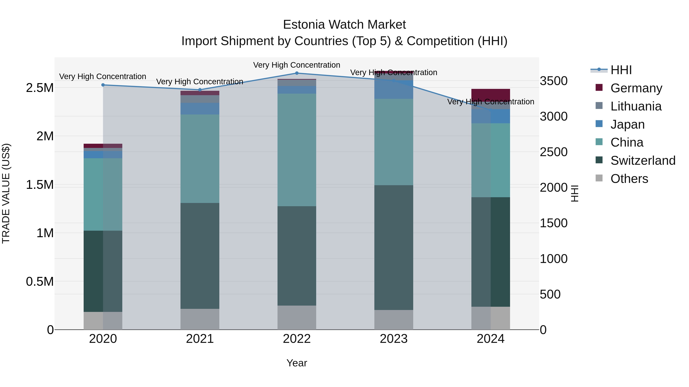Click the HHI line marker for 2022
[x=297, y=73]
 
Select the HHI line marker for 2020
[x=103, y=85]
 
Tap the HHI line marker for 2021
[x=200, y=90]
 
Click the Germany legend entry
[x=636, y=88]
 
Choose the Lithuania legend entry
[x=635, y=106]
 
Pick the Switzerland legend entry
[x=642, y=161]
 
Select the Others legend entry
[x=629, y=179]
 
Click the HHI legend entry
[x=621, y=70]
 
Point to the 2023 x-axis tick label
[x=393, y=339]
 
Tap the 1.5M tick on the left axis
[x=40, y=185]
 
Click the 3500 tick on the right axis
[x=553, y=81]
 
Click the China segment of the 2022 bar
[x=297, y=150]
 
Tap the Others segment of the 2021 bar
[x=200, y=319]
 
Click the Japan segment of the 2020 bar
[x=103, y=155]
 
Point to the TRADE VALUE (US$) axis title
[x=6, y=193]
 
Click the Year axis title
[x=297, y=363]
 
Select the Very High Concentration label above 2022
[x=297, y=65]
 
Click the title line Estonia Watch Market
[x=344, y=25]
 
